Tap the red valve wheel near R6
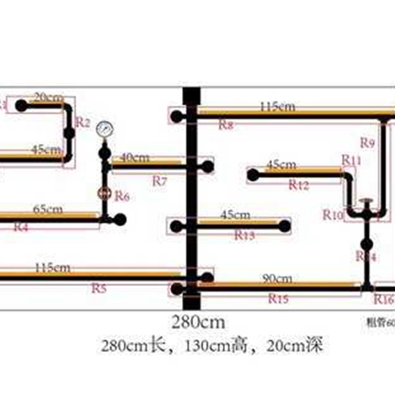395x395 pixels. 104,194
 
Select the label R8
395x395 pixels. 226,125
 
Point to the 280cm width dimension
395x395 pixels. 198,323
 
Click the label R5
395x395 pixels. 99,288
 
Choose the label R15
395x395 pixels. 278,298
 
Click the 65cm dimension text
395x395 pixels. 48,209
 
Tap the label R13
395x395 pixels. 244,236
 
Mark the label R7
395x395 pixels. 159,181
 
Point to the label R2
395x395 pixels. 83,122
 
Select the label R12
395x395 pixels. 299,185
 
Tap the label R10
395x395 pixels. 333,214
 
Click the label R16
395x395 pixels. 384,299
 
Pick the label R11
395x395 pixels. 352,160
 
